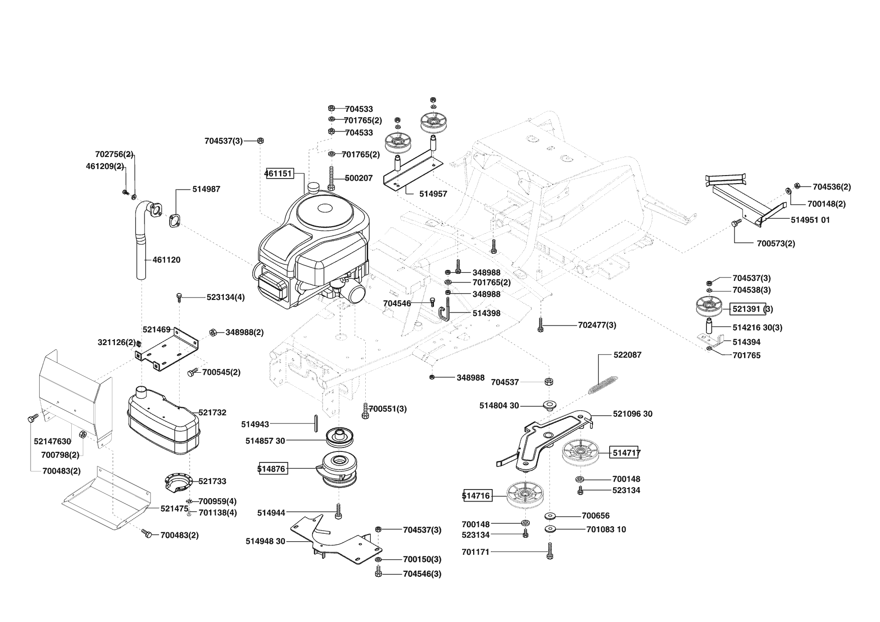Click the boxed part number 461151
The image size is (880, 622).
pyautogui.click(x=278, y=173)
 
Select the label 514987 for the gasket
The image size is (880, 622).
pyautogui.click(x=206, y=189)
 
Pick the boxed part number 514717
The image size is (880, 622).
pyautogui.click(x=626, y=453)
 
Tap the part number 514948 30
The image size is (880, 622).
pyautogui.click(x=265, y=541)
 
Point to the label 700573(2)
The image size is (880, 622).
pyautogui.click(x=776, y=243)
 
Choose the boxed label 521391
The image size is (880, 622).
pyautogui.click(x=747, y=309)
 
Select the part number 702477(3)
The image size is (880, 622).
pyautogui.click(x=597, y=325)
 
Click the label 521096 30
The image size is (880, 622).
pyautogui.click(x=633, y=414)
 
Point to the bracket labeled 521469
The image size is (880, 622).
pyautogui.click(x=168, y=346)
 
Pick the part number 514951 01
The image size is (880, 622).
pyautogui.click(x=810, y=220)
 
